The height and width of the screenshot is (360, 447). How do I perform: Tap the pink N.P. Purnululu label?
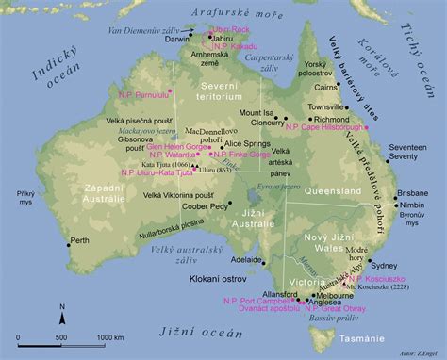[142, 95]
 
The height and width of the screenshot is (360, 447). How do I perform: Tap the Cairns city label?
[327, 86]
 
